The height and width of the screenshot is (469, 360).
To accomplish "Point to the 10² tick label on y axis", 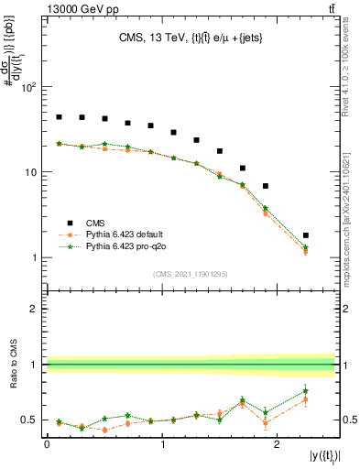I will click(27, 88).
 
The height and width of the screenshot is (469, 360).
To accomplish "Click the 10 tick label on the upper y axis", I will click(30, 173).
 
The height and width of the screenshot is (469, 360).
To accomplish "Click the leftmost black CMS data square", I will click(59, 117).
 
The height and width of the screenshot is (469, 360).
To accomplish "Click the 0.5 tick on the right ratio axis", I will click(347, 420).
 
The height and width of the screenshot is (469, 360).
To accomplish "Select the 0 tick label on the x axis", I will click(47, 442).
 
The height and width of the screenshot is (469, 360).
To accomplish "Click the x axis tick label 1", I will click(162, 442).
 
